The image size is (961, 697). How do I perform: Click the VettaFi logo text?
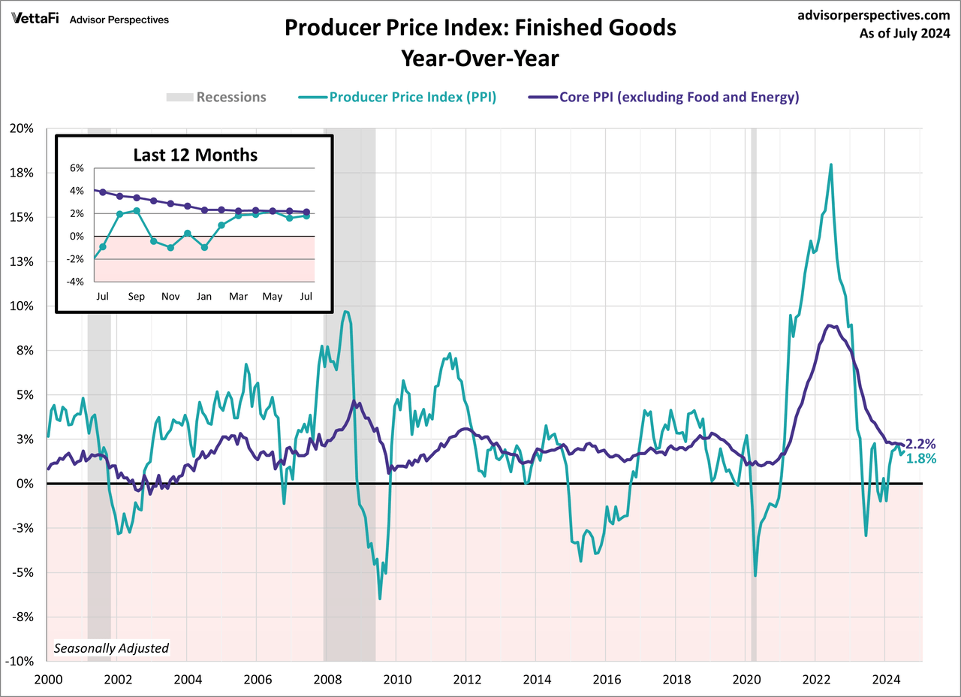pos(36,18)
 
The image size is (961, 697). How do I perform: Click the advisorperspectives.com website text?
pos(874,14)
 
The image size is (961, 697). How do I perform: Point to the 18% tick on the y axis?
pos(23,173)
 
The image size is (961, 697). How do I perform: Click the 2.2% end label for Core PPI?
pos(920,444)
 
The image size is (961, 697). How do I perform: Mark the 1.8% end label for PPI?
pos(920,459)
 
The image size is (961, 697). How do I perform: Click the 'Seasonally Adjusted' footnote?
pos(112,647)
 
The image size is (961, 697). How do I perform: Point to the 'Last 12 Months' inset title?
pos(195,155)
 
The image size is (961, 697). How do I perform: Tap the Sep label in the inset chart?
pos(136,296)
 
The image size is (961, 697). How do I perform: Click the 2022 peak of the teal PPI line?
pos(831,164)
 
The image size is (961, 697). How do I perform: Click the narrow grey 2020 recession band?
pos(753,376)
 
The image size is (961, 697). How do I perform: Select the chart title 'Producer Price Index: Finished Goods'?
pos(480,29)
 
